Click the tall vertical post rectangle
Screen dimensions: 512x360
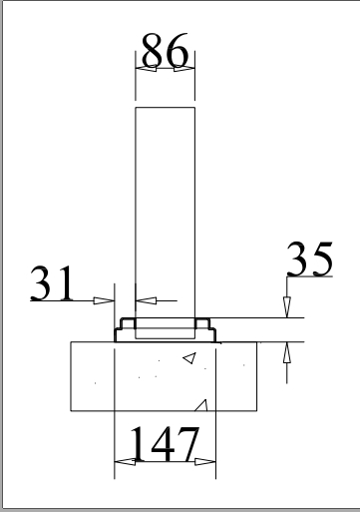(165, 210)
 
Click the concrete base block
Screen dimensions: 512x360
(165, 376)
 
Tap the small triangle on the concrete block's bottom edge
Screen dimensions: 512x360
(203, 405)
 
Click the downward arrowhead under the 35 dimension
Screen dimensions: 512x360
(287, 308)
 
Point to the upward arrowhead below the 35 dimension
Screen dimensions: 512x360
(287, 351)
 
